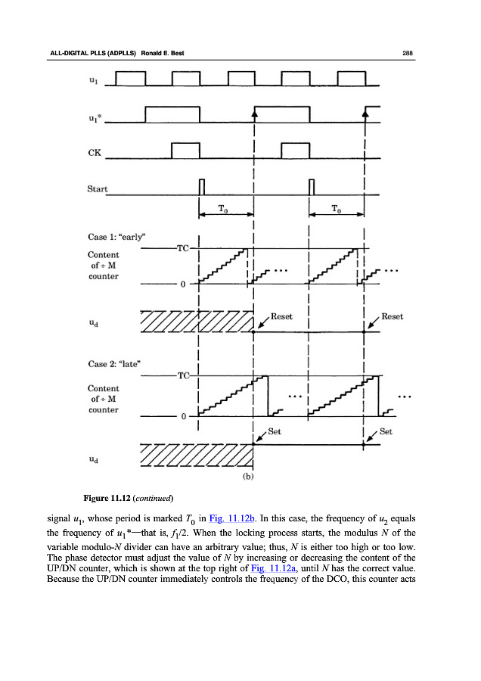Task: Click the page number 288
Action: (x=406, y=52)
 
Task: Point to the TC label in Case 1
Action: (x=182, y=247)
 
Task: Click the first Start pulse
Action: (x=201, y=187)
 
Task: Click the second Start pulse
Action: (x=312, y=187)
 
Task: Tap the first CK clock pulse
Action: (x=185, y=151)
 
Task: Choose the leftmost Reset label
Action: (x=281, y=316)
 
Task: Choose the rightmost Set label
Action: (x=386, y=432)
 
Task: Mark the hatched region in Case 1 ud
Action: (x=197, y=321)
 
